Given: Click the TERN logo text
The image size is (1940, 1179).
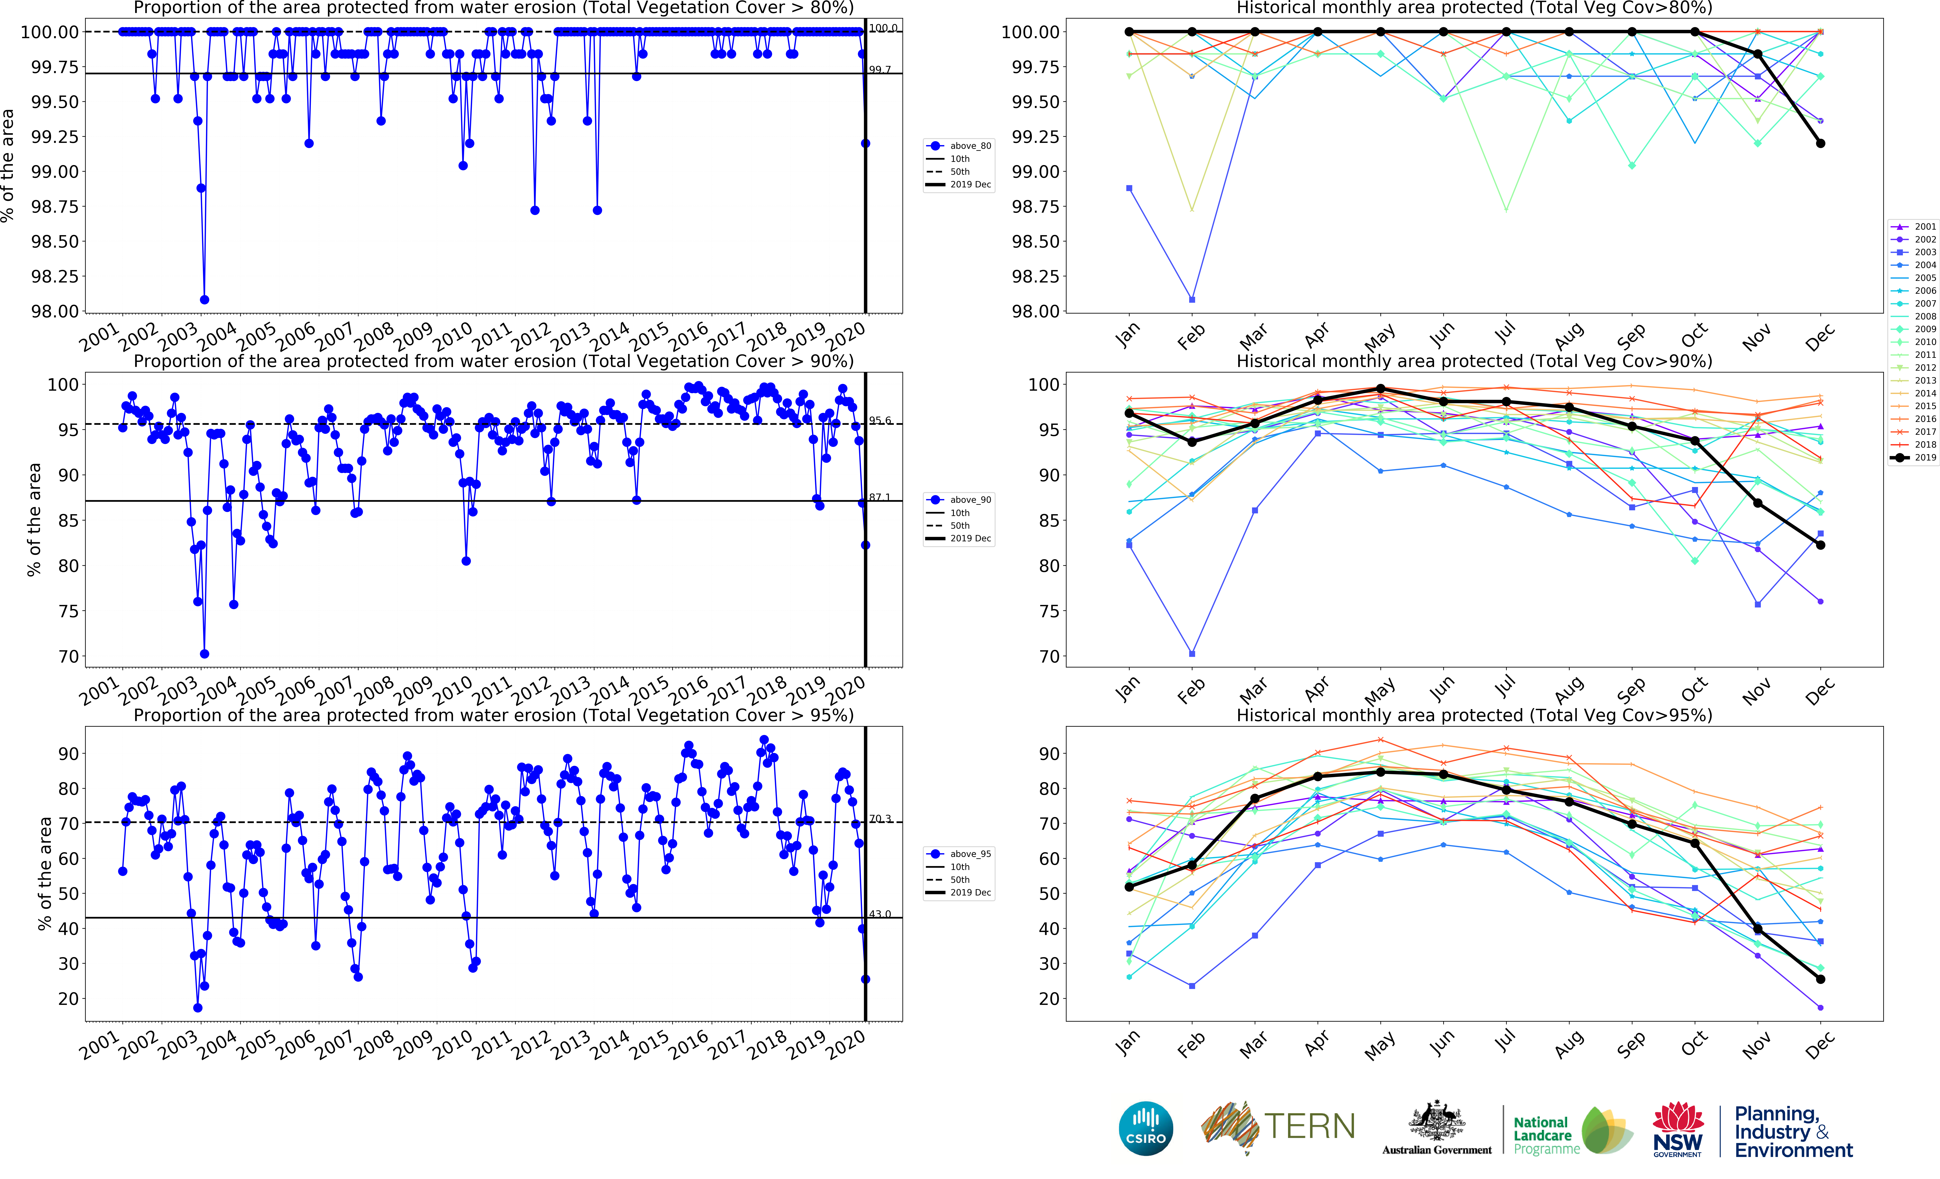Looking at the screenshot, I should pyautogui.click(x=1309, y=1126).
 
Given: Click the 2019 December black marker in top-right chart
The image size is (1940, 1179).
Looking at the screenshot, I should pyautogui.click(x=1820, y=143).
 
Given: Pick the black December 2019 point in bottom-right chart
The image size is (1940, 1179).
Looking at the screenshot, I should pyautogui.click(x=1820, y=979).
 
